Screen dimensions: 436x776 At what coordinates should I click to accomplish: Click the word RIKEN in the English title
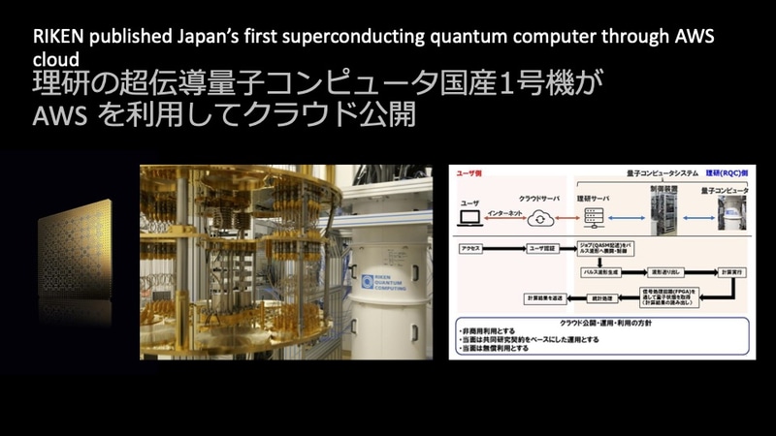point(59,39)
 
